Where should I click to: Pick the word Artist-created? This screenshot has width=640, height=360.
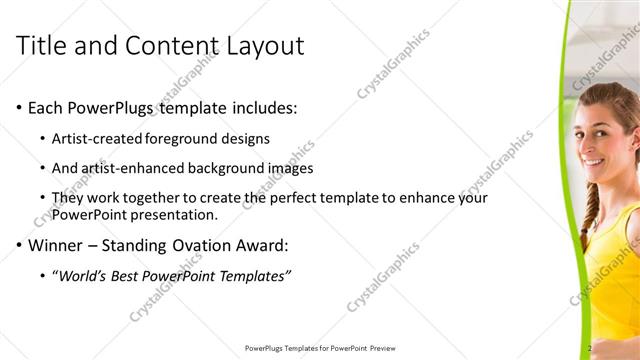(x=98, y=138)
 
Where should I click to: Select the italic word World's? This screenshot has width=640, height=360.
(x=84, y=275)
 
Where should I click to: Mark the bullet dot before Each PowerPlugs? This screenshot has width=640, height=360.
(x=17, y=108)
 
